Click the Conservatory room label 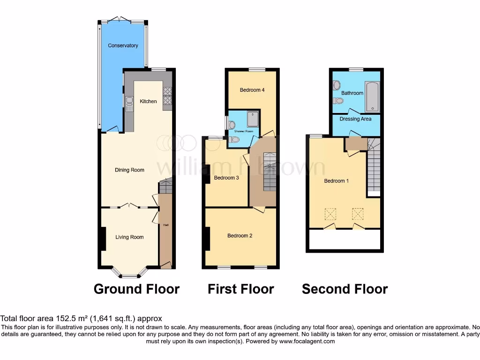(123, 45)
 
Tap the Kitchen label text (148, 101)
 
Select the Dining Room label (129, 170)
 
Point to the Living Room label (129, 237)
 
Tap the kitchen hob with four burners (167, 96)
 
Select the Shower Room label (244, 131)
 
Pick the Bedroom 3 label (226, 178)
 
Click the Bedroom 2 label (240, 236)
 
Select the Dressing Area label (356, 119)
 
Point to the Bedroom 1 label (336, 181)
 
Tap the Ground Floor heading (136, 289)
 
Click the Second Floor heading (345, 289)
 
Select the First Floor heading (240, 289)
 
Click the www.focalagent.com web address (307, 341)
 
